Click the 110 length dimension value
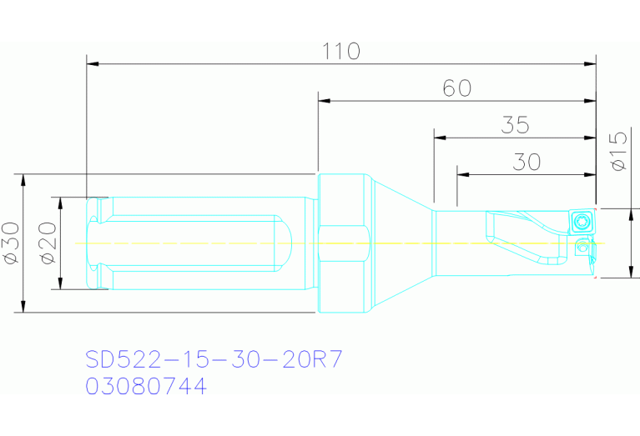click(x=341, y=52)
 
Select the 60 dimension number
click(x=456, y=88)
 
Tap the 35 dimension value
click(x=516, y=126)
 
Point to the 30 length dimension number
click(x=527, y=162)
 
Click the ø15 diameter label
click(x=619, y=151)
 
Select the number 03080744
click(x=146, y=387)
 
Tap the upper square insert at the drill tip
click(x=582, y=221)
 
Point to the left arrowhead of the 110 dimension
click(x=93, y=63)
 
